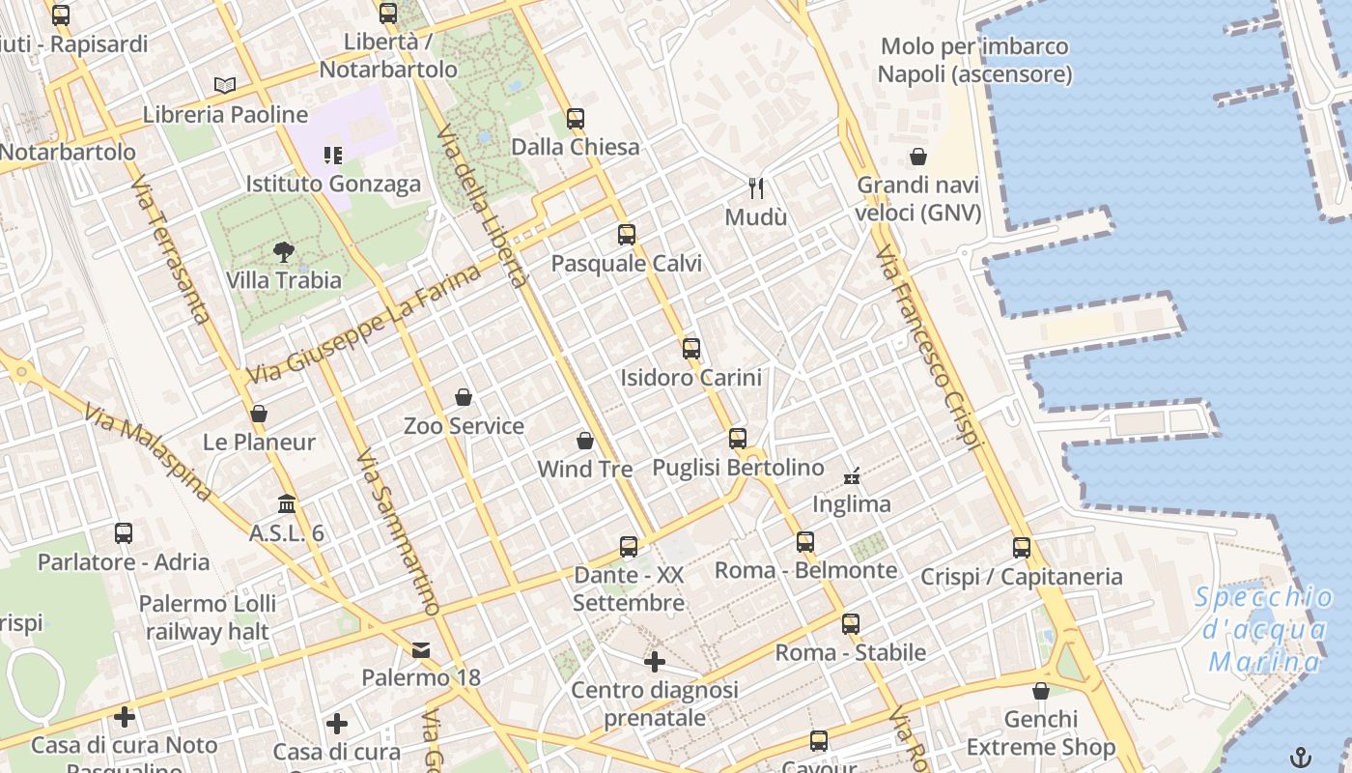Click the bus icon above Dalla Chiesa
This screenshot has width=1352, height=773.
[576, 119]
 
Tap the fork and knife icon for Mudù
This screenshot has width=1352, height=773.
[756, 187]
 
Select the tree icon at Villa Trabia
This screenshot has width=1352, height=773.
[284, 253]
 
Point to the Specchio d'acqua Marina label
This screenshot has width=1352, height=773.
[1264, 629]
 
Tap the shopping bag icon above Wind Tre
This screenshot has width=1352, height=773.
[584, 442]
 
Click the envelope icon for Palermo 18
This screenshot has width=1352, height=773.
[421, 650]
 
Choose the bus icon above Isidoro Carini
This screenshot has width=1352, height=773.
[690, 349]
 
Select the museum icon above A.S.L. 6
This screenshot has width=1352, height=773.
[287, 504]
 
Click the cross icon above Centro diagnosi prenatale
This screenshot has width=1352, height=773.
[655, 662]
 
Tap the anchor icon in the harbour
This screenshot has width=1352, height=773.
[1301, 757]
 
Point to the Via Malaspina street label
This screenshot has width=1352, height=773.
[148, 452]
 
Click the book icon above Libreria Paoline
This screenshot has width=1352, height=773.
[225, 85]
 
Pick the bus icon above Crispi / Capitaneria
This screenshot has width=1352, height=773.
[1022, 548]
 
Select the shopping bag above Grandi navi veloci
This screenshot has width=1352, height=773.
[918, 157]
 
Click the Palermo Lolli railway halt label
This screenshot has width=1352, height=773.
[208, 617]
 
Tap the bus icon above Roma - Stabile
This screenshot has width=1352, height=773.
[850, 624]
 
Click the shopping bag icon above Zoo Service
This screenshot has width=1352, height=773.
[464, 397]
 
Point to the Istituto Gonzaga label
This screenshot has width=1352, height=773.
[333, 184]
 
